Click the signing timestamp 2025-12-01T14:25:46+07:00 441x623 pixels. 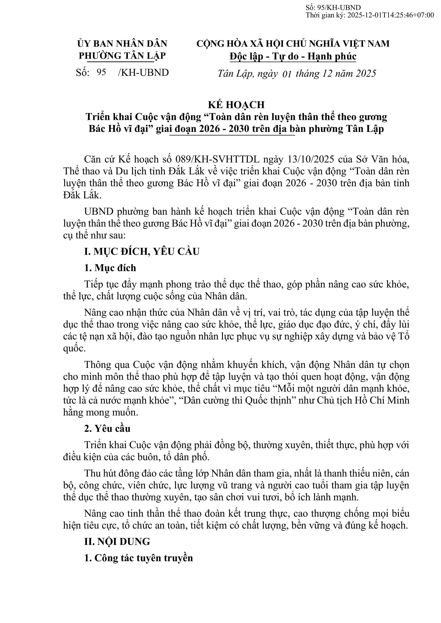(390, 15)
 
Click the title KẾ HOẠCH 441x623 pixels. (236, 104)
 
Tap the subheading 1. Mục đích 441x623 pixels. (110, 268)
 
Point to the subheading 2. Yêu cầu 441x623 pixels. (107, 428)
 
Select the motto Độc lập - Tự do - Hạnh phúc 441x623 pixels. (293, 56)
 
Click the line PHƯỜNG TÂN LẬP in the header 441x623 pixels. (122, 56)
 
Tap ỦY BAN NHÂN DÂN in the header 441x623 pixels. (122, 43)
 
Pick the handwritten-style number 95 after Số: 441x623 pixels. (101, 72)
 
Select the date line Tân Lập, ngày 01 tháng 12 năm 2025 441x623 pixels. (297, 74)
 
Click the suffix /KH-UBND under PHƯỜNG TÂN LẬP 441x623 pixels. (143, 72)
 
